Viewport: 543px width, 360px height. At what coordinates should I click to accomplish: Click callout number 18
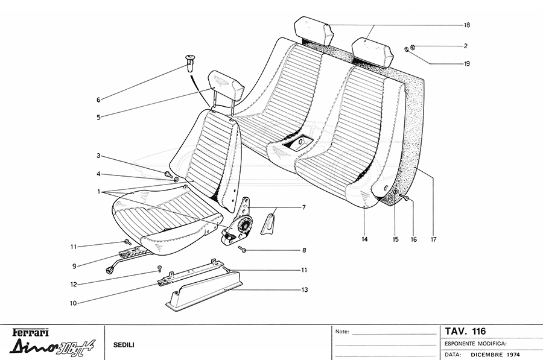coord(467,25)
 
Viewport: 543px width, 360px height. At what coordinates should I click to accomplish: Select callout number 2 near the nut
coord(466,46)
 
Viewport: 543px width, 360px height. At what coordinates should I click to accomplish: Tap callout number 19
coord(467,64)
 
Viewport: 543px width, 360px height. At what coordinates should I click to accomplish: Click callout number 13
coord(305,289)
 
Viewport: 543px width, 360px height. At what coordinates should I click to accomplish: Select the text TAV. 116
coord(465,331)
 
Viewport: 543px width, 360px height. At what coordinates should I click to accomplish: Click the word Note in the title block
coord(342,332)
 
